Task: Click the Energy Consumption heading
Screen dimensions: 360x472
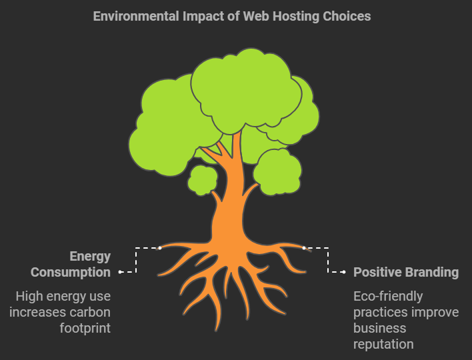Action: coord(71,264)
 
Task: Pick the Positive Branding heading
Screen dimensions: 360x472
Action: coord(405,272)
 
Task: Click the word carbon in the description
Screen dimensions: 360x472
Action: coord(91,312)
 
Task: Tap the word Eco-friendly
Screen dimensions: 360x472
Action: coord(388,296)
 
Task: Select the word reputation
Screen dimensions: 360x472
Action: coord(383,344)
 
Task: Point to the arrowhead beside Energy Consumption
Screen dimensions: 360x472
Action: coord(121,272)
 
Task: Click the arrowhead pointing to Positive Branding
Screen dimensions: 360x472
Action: coord(343,272)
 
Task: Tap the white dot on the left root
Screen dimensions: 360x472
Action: coord(160,248)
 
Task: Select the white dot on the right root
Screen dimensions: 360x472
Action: coord(304,248)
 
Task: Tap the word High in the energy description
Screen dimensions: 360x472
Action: coord(29,296)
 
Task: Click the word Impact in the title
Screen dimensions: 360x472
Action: coord(201,16)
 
